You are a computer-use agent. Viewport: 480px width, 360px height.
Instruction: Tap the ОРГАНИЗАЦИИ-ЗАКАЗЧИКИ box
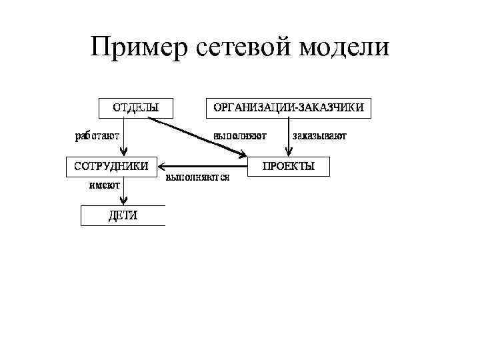[288, 107]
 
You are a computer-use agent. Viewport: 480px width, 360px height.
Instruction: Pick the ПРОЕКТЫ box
[289, 166]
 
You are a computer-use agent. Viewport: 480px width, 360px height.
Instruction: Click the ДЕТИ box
[123, 215]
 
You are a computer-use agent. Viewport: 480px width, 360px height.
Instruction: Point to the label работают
[97, 136]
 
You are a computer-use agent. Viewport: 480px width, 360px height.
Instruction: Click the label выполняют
[240, 136]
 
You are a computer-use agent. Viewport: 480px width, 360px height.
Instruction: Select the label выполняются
[197, 178]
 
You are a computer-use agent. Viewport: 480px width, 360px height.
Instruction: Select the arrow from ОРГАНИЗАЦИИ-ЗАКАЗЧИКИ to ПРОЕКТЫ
[288, 137]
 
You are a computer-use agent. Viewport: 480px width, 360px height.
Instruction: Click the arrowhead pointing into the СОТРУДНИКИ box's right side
[163, 166]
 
